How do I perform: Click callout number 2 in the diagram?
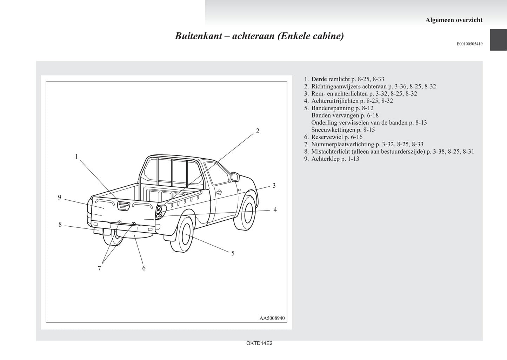[258, 131]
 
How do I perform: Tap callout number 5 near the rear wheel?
[233, 253]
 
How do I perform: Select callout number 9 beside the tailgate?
[60, 197]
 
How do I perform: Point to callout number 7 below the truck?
[99, 268]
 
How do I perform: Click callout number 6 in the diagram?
[144, 268]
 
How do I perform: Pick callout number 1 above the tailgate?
[76, 156]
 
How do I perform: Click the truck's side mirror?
[235, 176]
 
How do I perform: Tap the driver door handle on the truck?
[219, 192]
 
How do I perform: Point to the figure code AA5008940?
[272, 318]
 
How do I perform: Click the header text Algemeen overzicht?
[454, 20]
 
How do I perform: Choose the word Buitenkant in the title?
[197, 36]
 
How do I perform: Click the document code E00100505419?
[469, 44]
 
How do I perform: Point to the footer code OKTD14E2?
[259, 344]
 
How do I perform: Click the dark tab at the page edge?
[498, 40]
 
